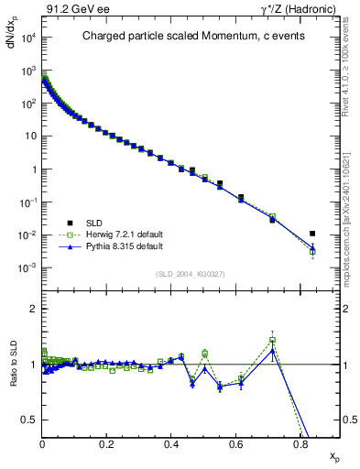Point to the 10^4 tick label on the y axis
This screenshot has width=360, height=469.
pyautogui.click(x=26, y=38)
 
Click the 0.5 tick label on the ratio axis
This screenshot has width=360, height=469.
pyautogui.click(x=29, y=420)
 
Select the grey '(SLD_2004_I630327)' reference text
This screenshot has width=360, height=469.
pyautogui.click(x=191, y=274)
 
